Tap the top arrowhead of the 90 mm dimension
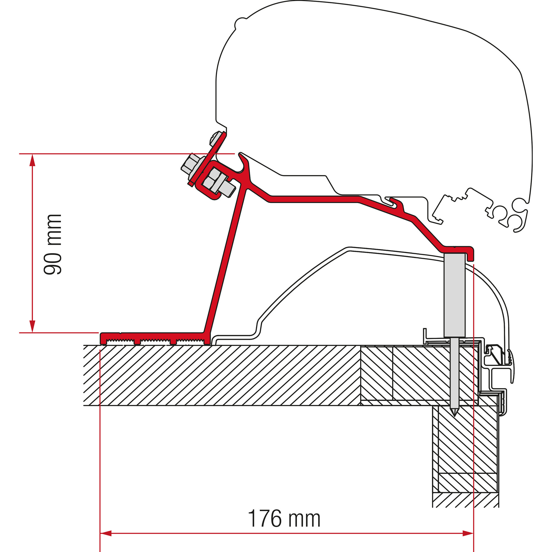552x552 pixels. point(33,160)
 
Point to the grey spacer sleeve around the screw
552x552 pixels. point(454,294)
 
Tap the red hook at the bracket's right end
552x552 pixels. point(471,253)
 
